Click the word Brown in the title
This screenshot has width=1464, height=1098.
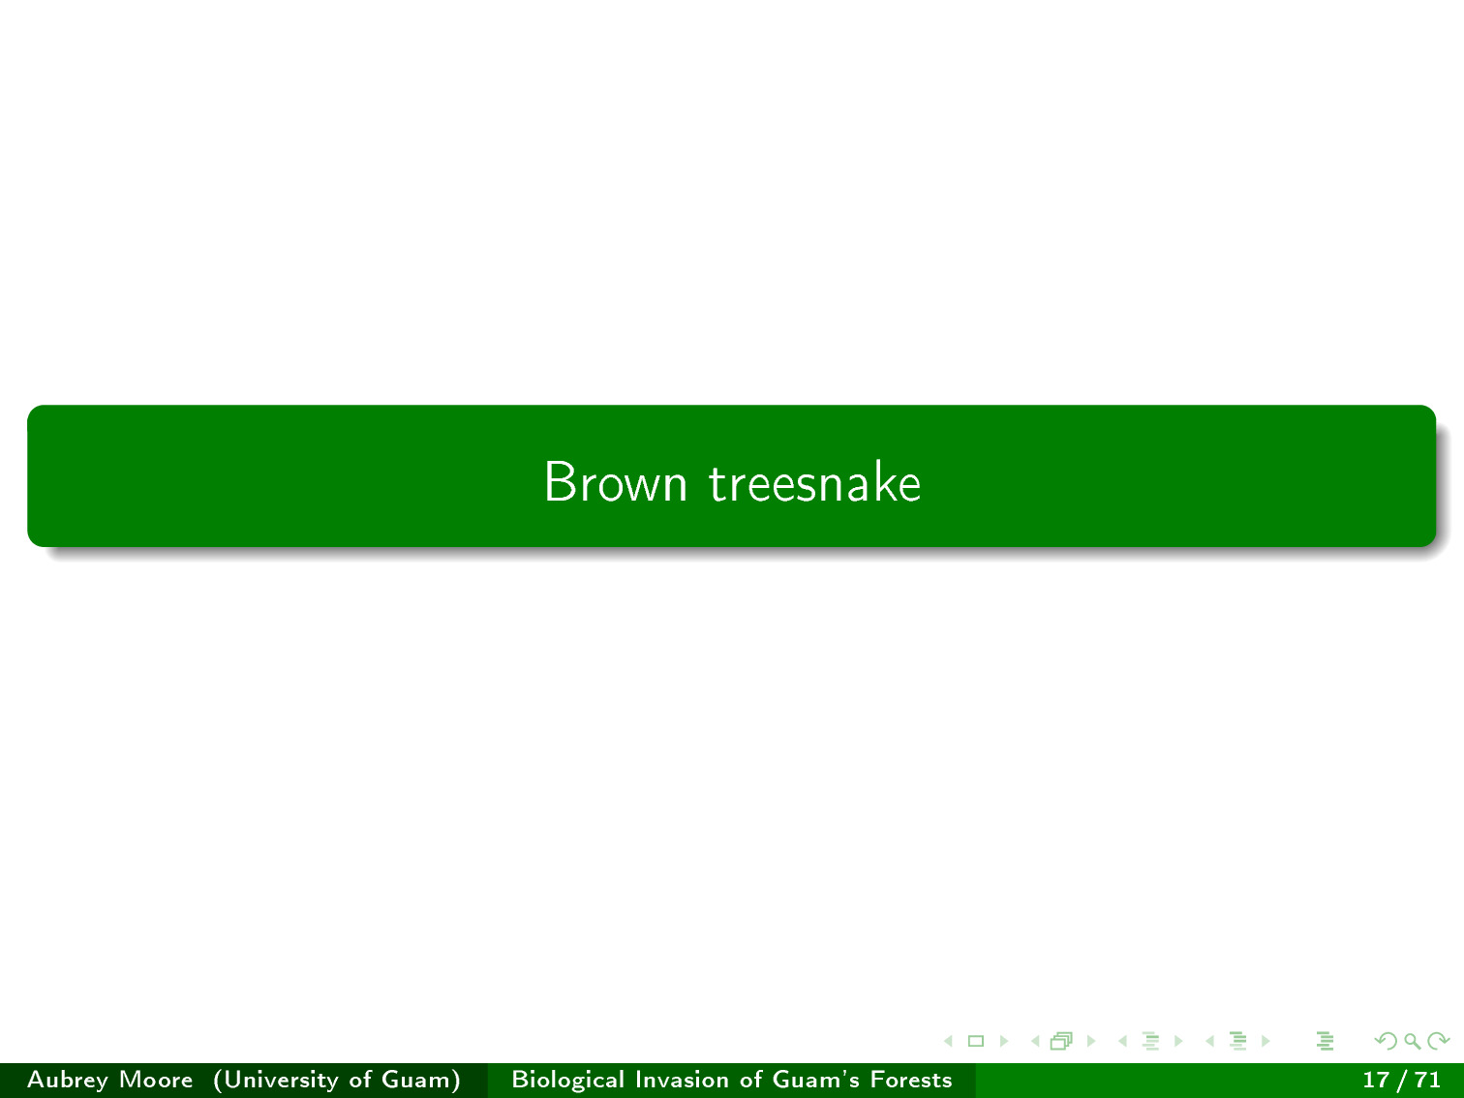click(615, 482)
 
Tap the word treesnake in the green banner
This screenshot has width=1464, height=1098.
click(814, 482)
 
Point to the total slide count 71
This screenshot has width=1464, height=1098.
click(1427, 1080)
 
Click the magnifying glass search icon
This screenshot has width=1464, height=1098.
click(1412, 1041)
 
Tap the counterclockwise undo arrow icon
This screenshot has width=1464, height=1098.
click(1386, 1041)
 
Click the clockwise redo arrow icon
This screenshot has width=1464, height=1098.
click(1438, 1041)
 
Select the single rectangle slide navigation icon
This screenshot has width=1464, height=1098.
click(976, 1041)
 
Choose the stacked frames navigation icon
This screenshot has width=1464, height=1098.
click(1061, 1041)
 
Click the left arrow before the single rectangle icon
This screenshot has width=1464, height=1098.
click(948, 1041)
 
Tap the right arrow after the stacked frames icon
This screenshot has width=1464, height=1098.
click(1091, 1041)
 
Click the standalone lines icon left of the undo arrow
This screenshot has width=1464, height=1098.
click(1326, 1041)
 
